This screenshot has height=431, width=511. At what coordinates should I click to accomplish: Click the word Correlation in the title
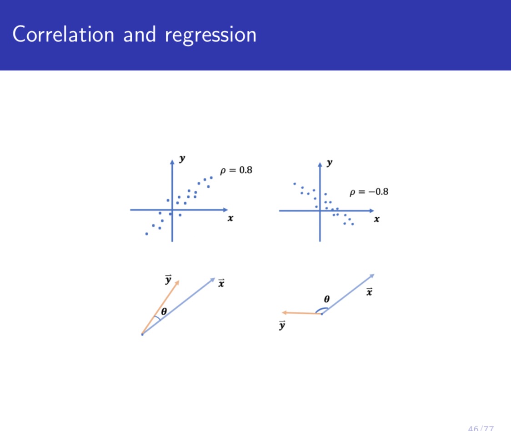[63, 35]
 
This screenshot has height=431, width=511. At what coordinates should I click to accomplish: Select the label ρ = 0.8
[236, 170]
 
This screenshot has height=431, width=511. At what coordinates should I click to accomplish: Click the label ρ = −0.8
[369, 191]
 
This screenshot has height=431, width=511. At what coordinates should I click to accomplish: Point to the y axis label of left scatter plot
[182, 159]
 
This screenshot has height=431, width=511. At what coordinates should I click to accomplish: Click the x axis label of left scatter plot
[230, 218]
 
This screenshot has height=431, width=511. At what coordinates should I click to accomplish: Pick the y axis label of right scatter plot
[330, 162]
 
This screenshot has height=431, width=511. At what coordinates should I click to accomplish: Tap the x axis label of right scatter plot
[376, 219]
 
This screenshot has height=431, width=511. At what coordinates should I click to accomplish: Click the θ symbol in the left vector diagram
[164, 311]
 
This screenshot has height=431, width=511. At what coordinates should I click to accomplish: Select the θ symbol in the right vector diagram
[326, 299]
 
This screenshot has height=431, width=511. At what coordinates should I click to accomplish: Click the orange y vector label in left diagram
[168, 279]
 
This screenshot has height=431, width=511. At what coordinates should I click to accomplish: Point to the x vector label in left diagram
[221, 284]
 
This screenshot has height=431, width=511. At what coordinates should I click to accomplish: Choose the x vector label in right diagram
[369, 292]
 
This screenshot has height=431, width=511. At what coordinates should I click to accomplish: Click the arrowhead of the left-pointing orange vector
[284, 313]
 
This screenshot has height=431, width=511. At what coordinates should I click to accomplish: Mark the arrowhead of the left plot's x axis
[225, 210]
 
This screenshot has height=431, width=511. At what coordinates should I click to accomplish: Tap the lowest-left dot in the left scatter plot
[146, 234]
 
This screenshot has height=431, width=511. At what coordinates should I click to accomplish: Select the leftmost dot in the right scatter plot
[295, 184]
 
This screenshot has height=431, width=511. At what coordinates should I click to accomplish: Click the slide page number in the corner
[481, 428]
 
